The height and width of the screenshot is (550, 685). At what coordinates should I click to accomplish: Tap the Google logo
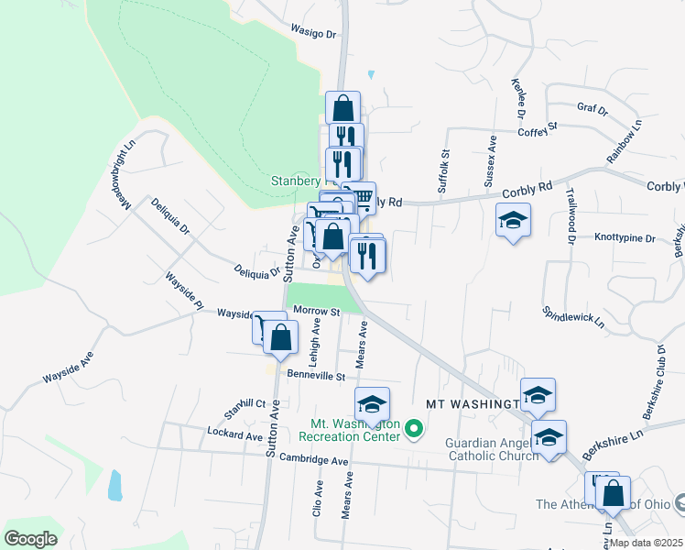(30, 539)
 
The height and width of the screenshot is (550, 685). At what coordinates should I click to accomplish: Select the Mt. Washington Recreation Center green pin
(414, 428)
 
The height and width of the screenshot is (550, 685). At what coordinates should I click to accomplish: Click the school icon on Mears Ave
(372, 403)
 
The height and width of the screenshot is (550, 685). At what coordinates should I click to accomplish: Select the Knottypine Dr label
(625, 238)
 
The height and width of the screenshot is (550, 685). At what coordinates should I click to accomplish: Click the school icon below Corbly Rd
(513, 220)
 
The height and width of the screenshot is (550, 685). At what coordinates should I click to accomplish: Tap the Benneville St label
(315, 376)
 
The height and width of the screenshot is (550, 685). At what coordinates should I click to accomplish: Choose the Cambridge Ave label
(314, 458)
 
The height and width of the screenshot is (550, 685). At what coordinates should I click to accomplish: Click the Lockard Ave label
(235, 432)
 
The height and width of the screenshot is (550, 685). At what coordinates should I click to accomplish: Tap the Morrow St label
(317, 312)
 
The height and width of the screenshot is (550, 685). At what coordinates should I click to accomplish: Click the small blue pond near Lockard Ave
(114, 485)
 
